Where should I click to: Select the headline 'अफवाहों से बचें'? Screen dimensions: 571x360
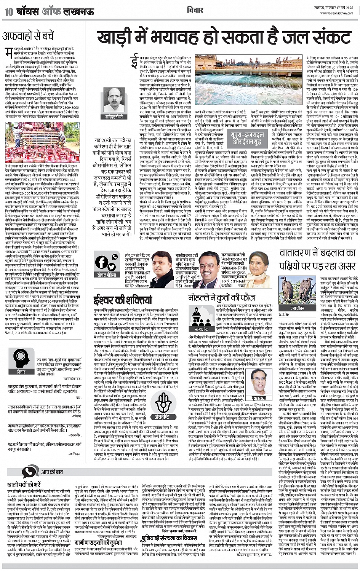(x=28, y=37)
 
